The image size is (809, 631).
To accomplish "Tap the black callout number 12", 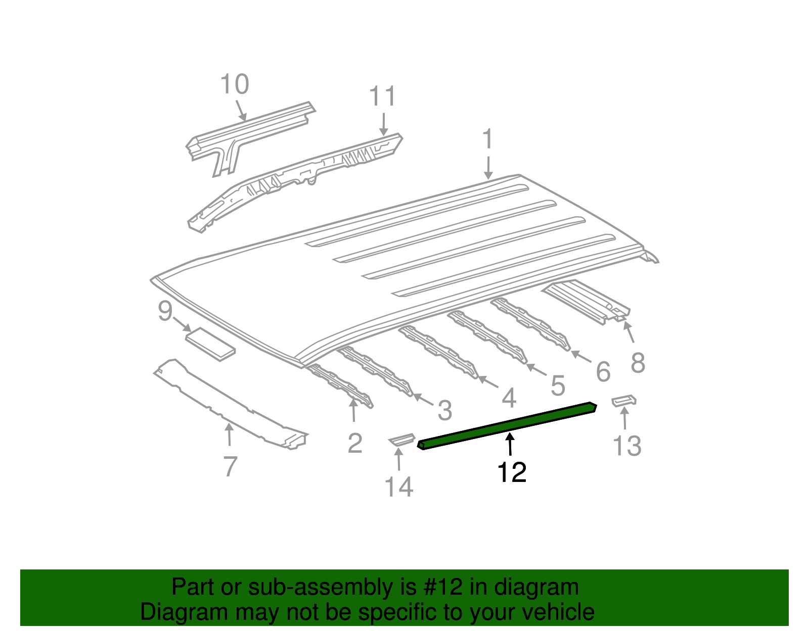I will click(512, 472).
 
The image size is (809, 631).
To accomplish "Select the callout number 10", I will click(235, 84).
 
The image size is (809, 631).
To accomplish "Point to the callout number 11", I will click(382, 96).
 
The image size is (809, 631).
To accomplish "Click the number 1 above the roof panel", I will click(487, 139).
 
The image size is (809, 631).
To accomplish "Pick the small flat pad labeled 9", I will click(210, 344).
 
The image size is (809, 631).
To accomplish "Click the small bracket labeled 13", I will click(623, 401).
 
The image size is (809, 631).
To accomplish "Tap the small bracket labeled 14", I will click(401, 440).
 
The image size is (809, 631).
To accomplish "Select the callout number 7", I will click(230, 466).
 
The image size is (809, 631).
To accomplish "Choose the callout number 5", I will click(557, 385).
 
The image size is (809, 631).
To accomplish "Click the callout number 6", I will click(603, 372).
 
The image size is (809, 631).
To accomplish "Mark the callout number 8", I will click(638, 362).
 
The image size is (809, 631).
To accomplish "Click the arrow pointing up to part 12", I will click(510, 445).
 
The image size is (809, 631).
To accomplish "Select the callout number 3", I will click(444, 410).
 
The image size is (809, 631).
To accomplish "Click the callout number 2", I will click(355, 443).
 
